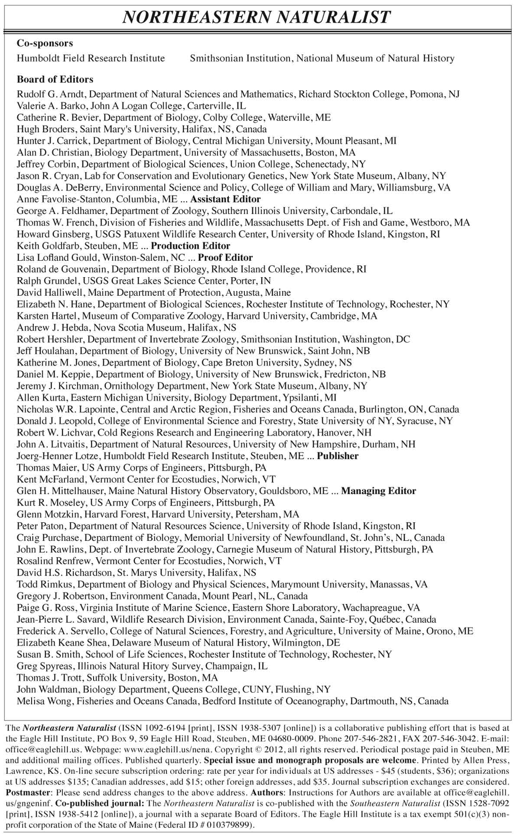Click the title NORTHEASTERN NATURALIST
coord(257,17)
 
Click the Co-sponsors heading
coord(45,43)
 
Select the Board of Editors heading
coord(55,80)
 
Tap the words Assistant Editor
coord(225,200)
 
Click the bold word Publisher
coord(338,456)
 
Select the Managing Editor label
coord(378,491)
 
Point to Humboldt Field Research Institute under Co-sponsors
coord(91,58)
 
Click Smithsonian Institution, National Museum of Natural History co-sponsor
coord(322,58)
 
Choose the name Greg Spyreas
coord(42,666)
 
